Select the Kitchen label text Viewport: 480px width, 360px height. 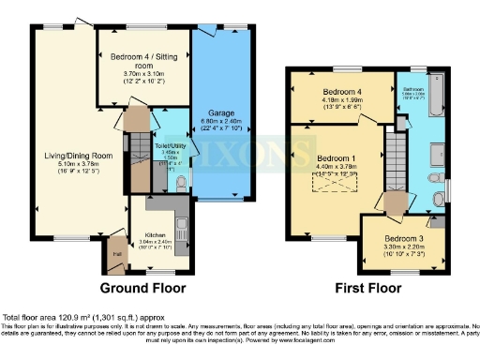coord(155,235)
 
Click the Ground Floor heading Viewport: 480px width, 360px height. coord(142,288)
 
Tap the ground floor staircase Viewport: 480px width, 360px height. coord(141,159)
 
